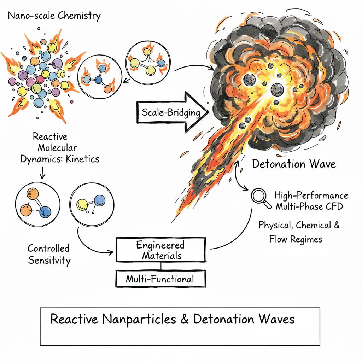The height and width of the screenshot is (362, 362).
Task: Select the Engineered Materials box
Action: click(x=160, y=250)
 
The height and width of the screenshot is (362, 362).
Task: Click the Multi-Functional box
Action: click(x=160, y=279)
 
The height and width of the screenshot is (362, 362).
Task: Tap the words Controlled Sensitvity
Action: click(x=49, y=254)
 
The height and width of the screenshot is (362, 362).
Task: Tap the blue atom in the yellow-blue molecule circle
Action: click(x=100, y=201)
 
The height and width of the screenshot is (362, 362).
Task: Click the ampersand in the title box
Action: click(x=185, y=319)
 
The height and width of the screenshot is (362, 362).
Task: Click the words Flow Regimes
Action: click(x=296, y=239)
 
